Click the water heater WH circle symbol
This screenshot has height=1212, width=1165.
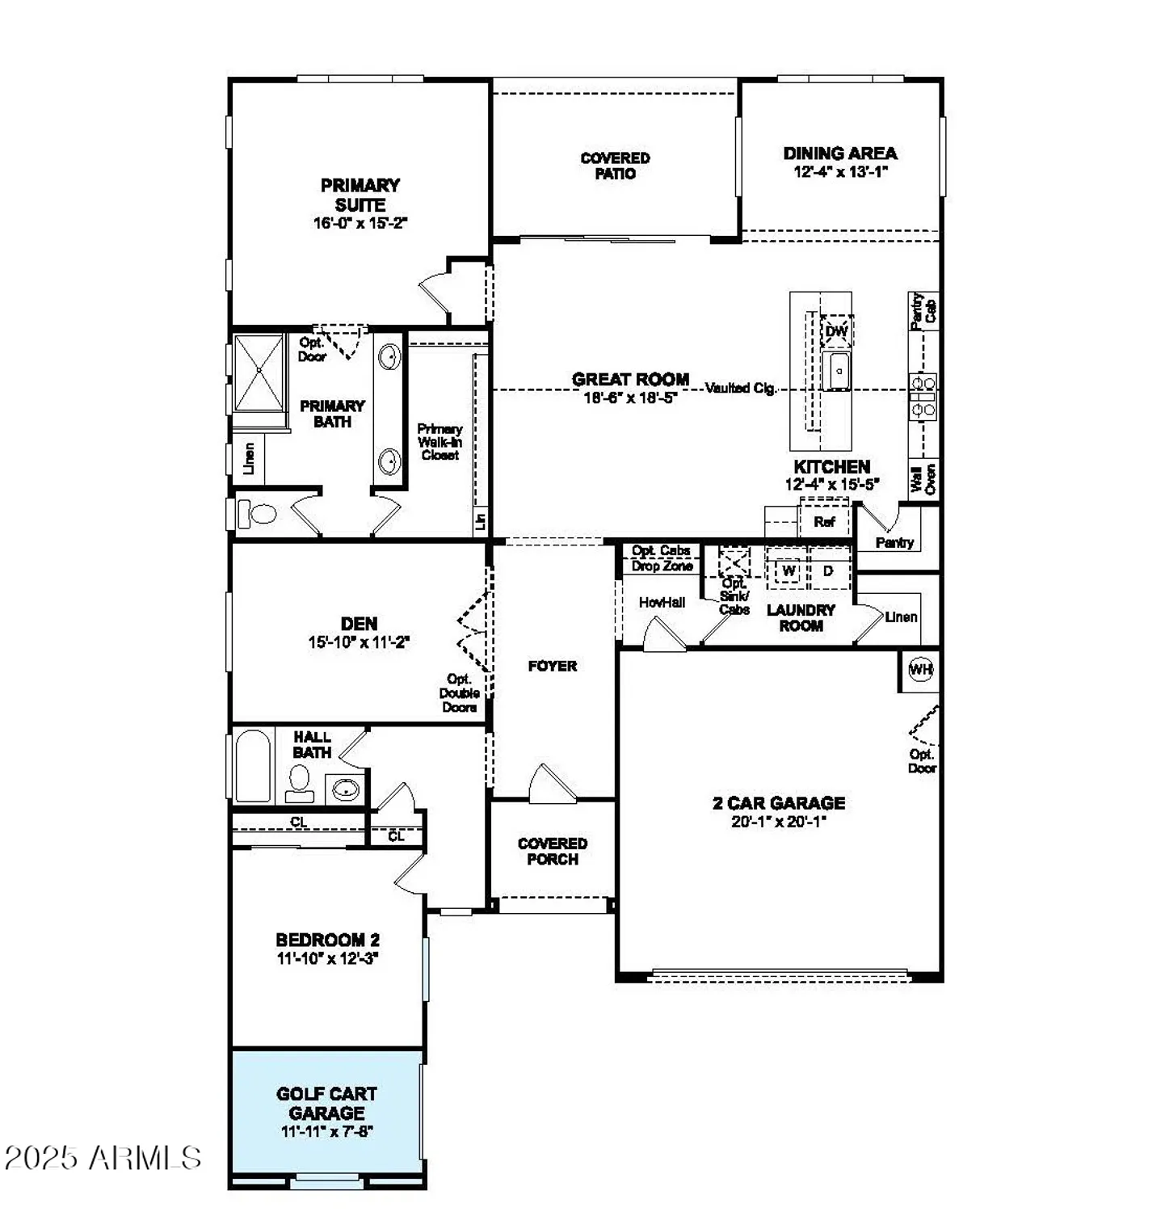coord(920,669)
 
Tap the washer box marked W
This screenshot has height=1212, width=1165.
coord(789,570)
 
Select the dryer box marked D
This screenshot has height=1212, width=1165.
coord(828,570)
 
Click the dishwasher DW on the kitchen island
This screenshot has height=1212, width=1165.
coord(836,331)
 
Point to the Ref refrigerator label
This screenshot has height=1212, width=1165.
coord(824,522)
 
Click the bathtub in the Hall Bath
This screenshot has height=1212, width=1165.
coord(252,766)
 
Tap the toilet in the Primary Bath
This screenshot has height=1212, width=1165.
coord(257,513)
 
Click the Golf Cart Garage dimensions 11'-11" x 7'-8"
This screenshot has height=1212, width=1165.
coord(326,1131)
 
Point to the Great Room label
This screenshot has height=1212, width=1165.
coord(630,379)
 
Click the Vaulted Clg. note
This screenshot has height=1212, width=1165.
coord(740,388)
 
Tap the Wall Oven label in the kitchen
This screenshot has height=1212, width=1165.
coord(923,478)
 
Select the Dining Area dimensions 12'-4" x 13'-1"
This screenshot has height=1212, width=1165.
coord(840,171)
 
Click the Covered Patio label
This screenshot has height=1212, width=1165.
coord(615,166)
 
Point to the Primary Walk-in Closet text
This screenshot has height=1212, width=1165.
coord(440,442)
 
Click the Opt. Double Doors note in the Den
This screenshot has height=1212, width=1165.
coord(459,693)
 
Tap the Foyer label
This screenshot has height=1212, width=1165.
coord(553,666)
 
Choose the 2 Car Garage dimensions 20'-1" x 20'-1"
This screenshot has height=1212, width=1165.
coord(779,822)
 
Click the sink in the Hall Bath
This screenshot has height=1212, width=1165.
coord(346,789)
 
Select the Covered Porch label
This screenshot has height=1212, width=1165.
coord(553,851)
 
